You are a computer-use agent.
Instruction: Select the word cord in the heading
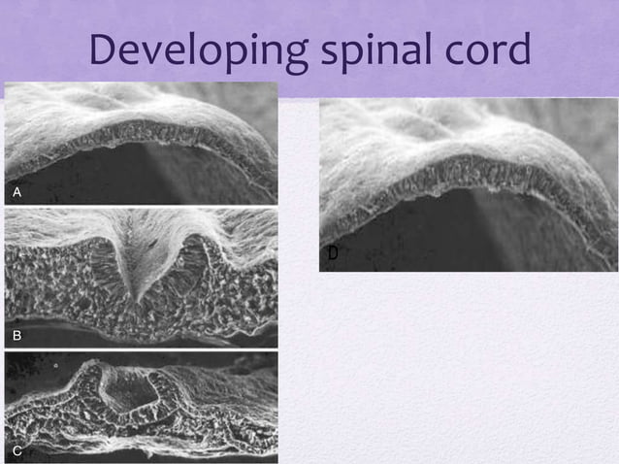point(489,50)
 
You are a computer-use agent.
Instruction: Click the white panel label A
point(16,193)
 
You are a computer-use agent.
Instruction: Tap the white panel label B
point(16,336)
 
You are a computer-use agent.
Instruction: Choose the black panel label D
point(332,254)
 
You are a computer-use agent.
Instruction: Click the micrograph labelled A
point(141,143)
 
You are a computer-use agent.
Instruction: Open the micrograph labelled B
point(141,277)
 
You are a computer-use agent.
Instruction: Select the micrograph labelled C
point(141,407)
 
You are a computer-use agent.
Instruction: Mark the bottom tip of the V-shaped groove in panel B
point(142,300)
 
